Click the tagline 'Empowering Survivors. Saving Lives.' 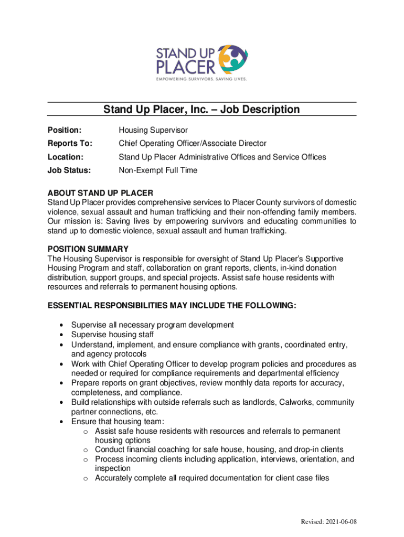[x=201, y=79]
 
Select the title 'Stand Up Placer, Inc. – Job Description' [x=201, y=109]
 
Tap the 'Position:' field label [x=65, y=130]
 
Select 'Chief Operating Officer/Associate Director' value [x=193, y=143]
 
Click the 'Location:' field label [x=66, y=157]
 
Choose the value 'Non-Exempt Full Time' [x=158, y=170]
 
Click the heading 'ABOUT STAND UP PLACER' [x=100, y=194]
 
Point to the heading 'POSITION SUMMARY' [x=88, y=249]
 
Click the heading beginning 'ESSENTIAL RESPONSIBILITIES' [x=172, y=306]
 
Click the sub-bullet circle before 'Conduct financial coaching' [x=84, y=450]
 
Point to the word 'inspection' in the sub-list [x=113, y=468]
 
